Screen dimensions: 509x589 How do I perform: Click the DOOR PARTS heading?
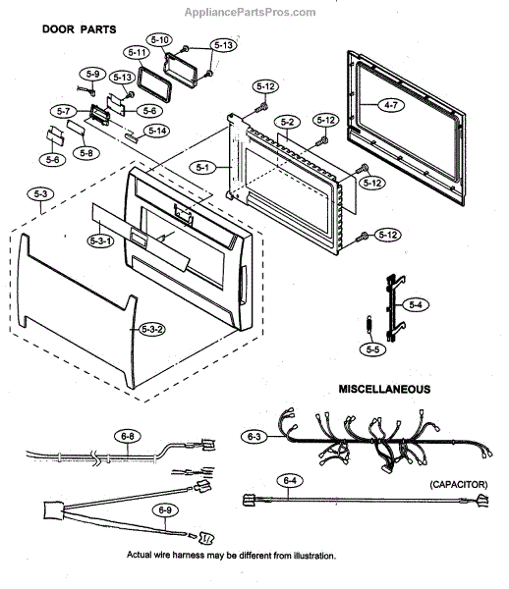79,29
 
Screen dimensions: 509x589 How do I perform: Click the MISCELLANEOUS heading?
384,389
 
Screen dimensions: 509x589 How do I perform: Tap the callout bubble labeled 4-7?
391,105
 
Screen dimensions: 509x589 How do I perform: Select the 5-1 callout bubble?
203,168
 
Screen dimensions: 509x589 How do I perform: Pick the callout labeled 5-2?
288,122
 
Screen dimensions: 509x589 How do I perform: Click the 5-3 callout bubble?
40,193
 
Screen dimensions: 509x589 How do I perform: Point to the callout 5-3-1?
100,241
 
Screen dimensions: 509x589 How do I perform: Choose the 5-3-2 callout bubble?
152,330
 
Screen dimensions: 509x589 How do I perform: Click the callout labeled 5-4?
416,304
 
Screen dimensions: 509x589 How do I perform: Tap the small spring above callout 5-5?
369,325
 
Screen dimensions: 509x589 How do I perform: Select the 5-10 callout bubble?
159,39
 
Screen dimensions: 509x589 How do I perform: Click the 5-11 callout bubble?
137,52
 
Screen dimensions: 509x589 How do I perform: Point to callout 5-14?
157,131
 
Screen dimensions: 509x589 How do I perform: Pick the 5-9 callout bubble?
92,74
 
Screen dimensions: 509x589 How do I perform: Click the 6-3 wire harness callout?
254,437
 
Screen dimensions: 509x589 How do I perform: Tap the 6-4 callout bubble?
290,480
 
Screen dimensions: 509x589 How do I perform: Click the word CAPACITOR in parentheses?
459,485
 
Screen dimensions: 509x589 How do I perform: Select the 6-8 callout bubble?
128,437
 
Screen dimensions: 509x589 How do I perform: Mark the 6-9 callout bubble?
165,510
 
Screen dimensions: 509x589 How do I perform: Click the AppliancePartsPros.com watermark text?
250,13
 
